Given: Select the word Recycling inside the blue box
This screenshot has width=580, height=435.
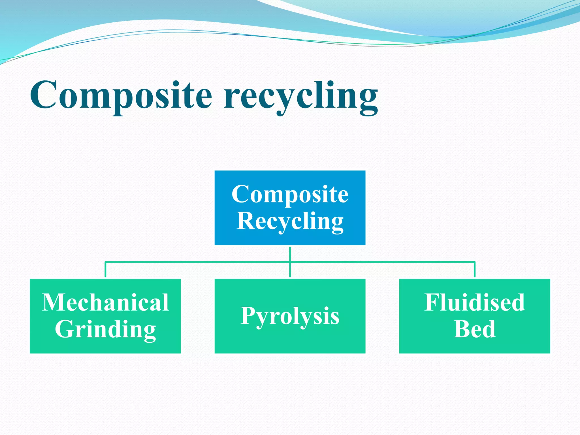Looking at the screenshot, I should (x=290, y=221).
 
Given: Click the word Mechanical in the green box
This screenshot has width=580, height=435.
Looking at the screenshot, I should (x=105, y=302).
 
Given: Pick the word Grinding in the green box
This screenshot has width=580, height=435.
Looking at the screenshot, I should (x=105, y=329).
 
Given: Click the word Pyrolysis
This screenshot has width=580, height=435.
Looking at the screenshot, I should (x=290, y=316).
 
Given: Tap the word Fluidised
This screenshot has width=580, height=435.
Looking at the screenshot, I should (x=474, y=302).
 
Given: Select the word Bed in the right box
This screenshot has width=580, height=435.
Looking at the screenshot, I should (x=474, y=329).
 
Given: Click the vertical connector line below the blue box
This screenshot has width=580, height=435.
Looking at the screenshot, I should (x=290, y=254).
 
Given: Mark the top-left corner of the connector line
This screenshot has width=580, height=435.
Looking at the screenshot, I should (x=105, y=262).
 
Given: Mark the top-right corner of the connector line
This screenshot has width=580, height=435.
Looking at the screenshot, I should (x=475, y=262).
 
